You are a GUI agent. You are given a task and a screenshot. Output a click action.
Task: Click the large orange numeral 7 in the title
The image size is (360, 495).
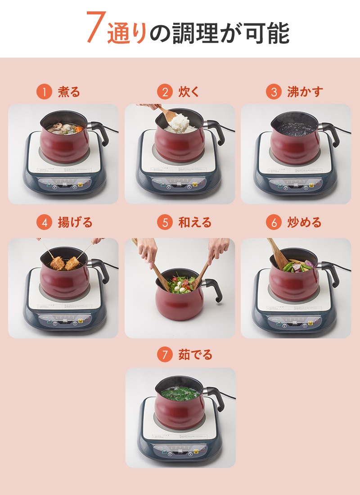coord(96,27)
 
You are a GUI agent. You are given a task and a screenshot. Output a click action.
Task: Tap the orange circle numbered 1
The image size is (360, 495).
coord(44,92)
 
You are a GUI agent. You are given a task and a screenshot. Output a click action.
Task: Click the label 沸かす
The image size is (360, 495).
coord(305,92)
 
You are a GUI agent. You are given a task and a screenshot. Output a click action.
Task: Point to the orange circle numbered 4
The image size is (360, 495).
coord(44,223)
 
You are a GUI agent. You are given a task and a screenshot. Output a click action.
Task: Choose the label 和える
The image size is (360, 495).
coord(195,223)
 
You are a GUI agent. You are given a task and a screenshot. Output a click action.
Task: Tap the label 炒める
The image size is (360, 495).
coord(304,223)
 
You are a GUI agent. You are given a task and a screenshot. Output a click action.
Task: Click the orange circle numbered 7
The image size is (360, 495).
coord(165,355)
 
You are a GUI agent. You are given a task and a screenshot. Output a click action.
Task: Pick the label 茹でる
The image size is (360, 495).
coord(195,355)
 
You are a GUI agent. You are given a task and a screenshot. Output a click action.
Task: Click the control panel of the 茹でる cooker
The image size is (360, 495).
coord(180,451)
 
